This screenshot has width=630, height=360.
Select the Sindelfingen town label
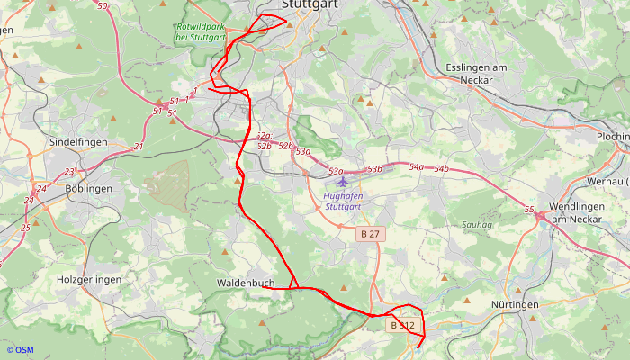point(78,143)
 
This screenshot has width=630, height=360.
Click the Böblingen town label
point(89,189)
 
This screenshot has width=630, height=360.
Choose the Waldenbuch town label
point(245,283)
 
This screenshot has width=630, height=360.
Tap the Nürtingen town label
point(515,305)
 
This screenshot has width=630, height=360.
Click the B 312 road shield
point(402,325)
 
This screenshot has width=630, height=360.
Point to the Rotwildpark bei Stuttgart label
point(201,31)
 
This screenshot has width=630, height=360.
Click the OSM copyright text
point(20,350)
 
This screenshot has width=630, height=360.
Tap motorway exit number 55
point(529,210)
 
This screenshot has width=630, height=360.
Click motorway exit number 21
point(138,146)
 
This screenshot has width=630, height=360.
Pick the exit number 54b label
point(441,169)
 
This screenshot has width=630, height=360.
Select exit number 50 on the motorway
point(102,6)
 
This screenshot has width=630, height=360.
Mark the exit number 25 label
point(25,228)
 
